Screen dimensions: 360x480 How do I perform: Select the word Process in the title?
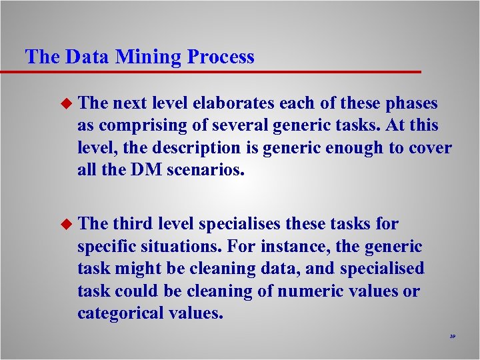click(221, 57)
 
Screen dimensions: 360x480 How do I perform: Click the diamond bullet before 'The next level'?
click(65, 103)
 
